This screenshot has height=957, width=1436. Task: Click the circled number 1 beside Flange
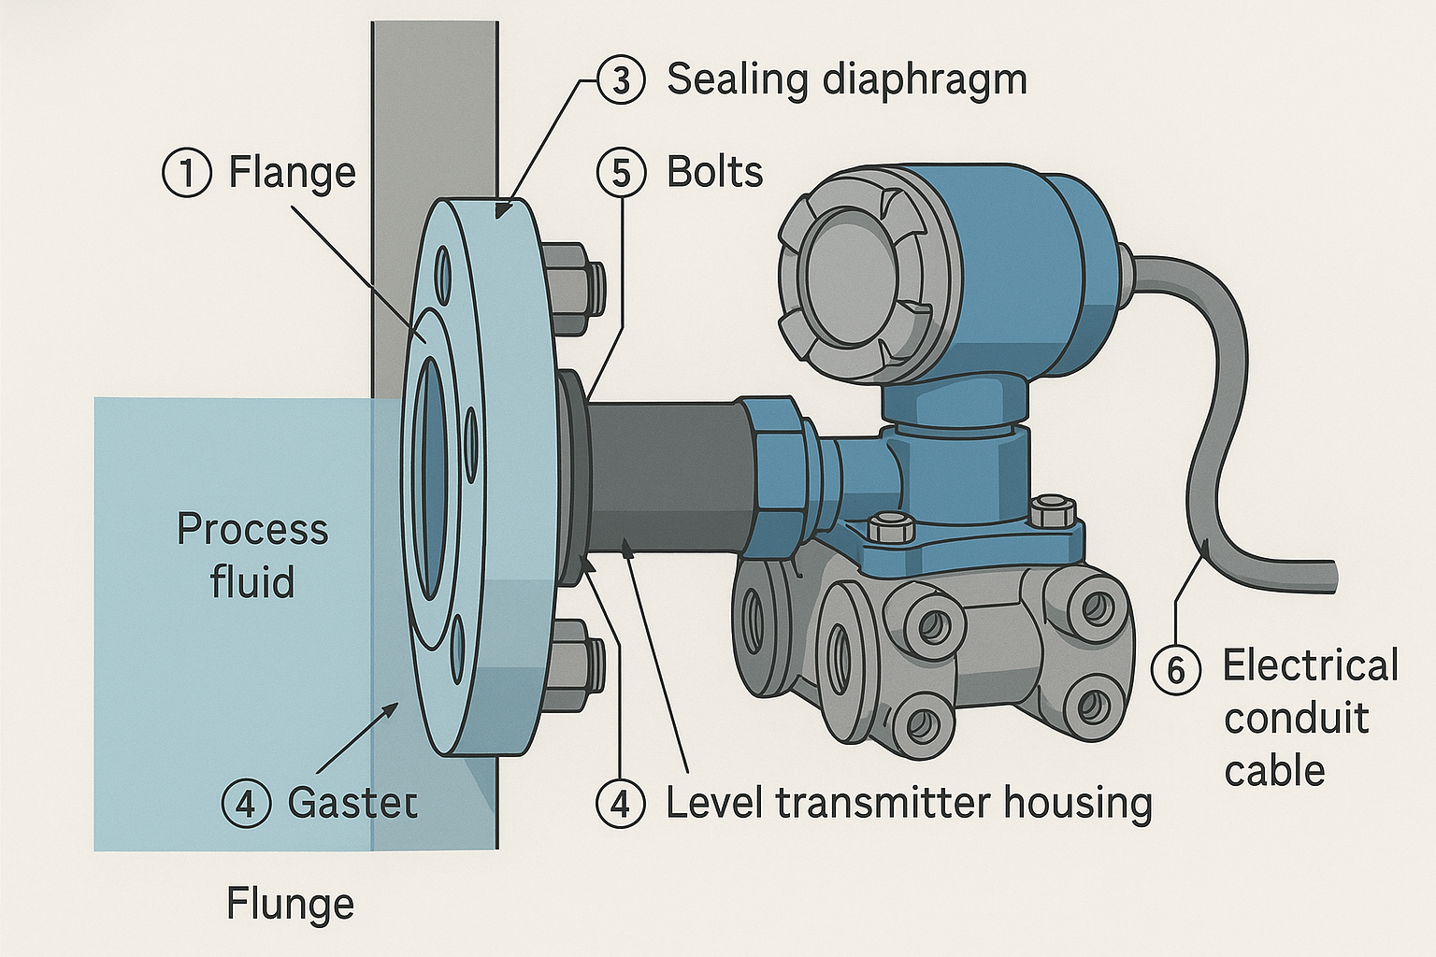click(187, 174)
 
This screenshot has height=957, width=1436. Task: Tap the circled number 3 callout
click(621, 79)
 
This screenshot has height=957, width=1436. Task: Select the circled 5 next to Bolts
click(621, 174)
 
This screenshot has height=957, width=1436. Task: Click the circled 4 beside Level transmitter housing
click(621, 803)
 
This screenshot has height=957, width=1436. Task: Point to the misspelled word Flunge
click(290, 905)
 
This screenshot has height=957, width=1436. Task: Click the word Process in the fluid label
click(252, 530)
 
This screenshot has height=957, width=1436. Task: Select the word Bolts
click(714, 173)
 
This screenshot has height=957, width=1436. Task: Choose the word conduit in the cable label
click(1296, 719)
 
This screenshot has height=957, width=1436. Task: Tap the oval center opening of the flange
click(430, 478)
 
